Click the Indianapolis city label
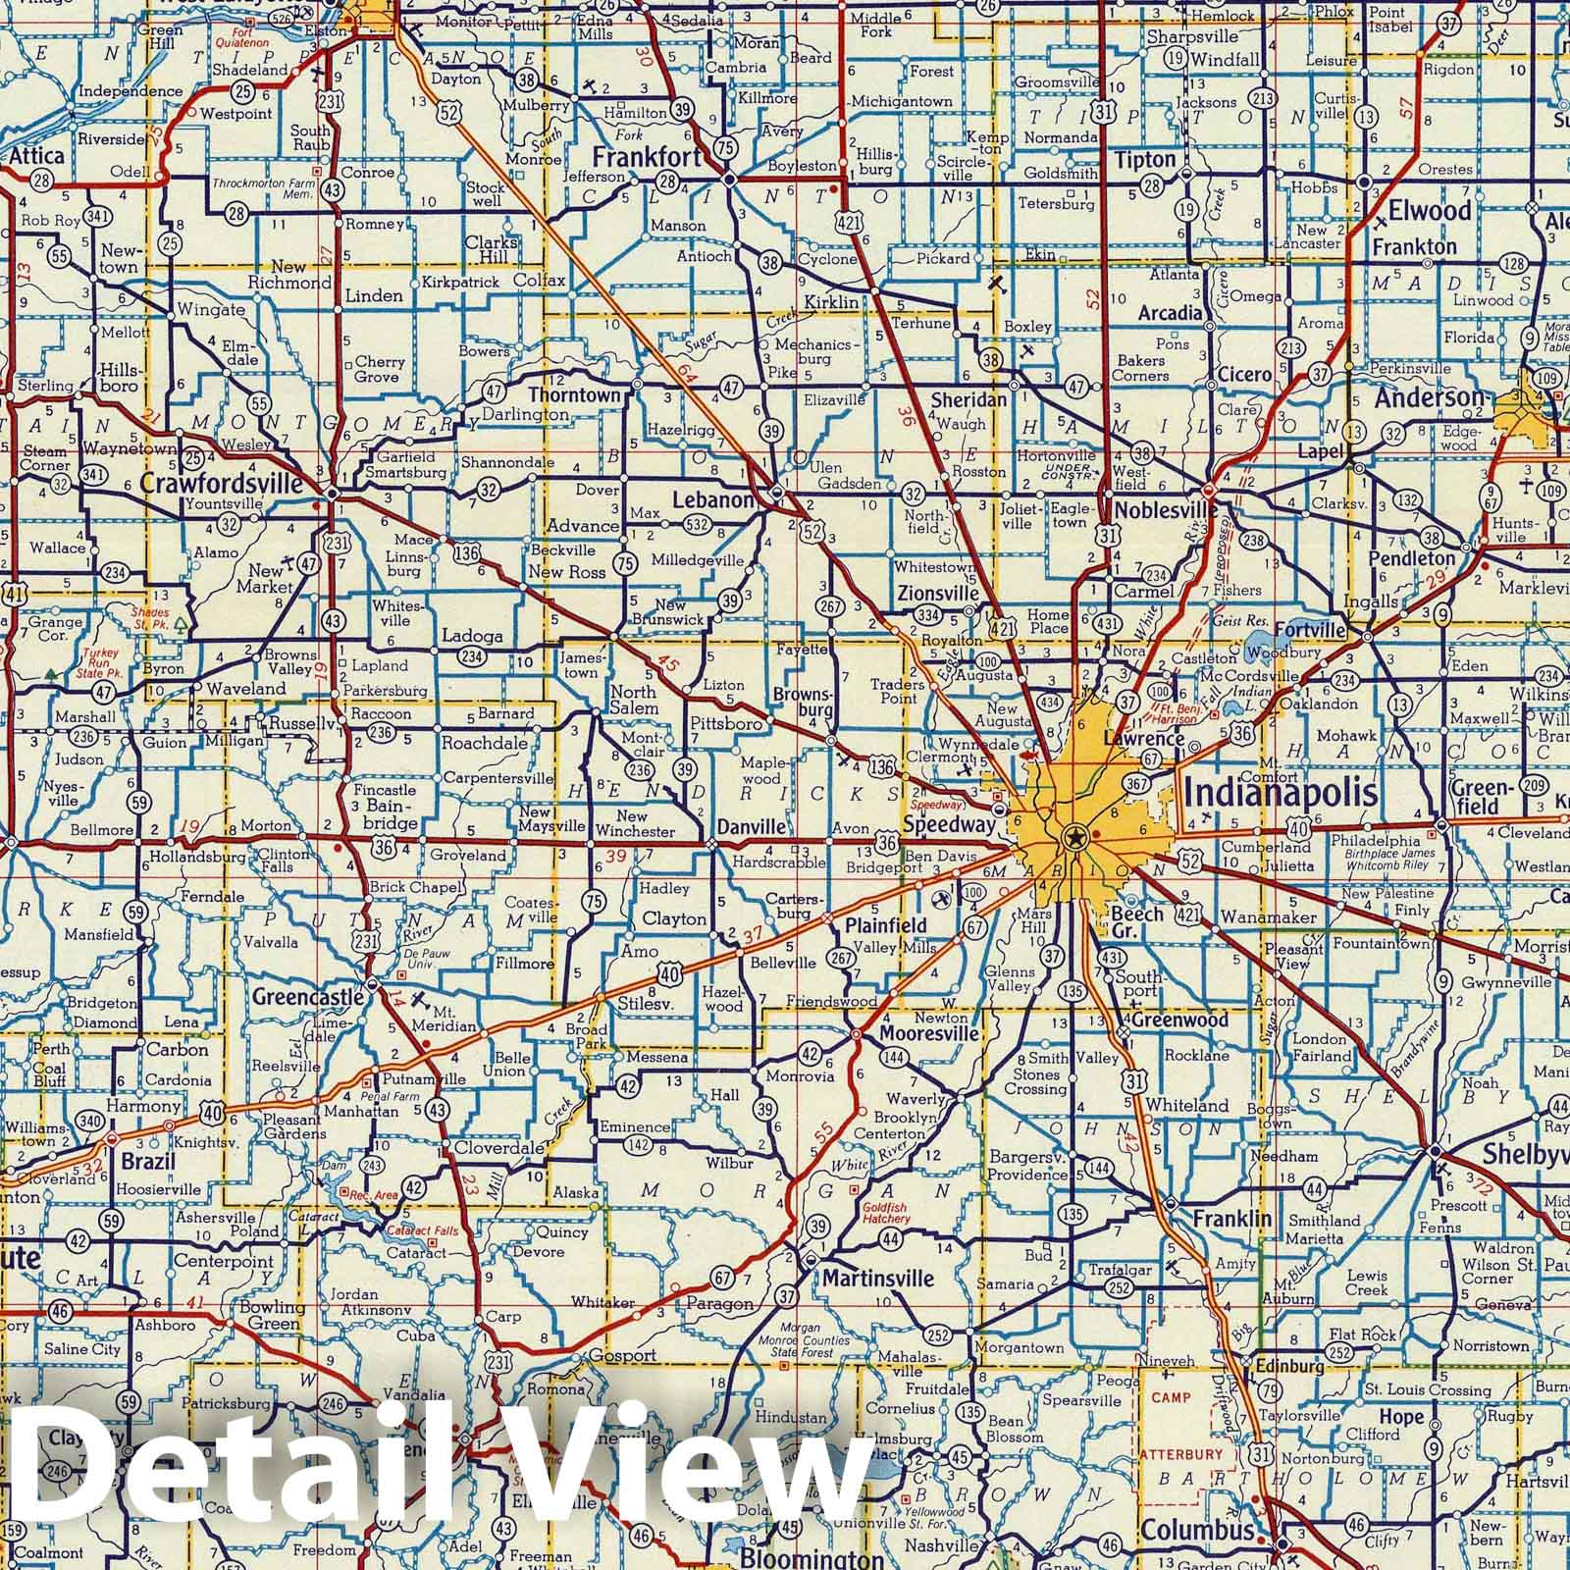click(1281, 793)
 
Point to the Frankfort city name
click(647, 157)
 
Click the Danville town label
click(751, 827)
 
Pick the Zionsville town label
click(938, 594)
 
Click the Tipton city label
click(1144, 159)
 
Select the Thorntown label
click(574, 395)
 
